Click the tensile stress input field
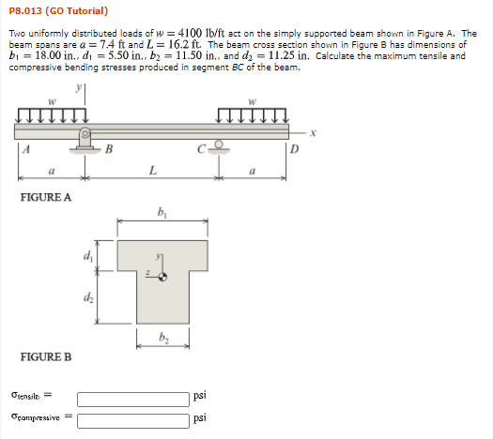tap(132, 397)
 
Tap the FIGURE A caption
tap(46, 197)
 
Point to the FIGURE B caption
tap(46, 357)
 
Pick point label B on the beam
tap(109, 147)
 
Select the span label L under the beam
tap(153, 169)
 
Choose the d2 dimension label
tap(89, 297)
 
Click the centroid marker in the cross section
tap(163, 276)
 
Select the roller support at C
tap(219, 144)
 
